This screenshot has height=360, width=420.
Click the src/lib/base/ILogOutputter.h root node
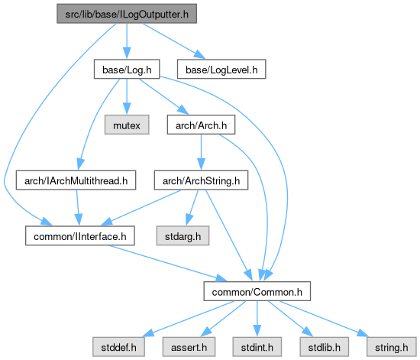point(127,14)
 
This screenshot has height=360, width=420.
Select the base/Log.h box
point(127,69)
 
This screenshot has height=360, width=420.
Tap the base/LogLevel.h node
point(221,69)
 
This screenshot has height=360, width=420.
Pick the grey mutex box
point(127,125)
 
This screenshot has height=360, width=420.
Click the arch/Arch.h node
point(201,125)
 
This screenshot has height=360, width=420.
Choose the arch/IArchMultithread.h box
point(76,180)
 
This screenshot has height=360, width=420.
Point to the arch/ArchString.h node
point(201,180)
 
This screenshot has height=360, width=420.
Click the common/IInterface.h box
point(80,235)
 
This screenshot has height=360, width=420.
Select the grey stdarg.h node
point(183,235)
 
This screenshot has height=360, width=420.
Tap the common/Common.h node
point(257,291)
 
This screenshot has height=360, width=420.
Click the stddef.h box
point(118,347)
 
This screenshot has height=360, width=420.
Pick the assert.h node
point(189,347)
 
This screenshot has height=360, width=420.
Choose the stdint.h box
point(257,347)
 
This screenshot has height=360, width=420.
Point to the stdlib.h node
point(325,347)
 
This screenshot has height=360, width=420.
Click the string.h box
point(392,347)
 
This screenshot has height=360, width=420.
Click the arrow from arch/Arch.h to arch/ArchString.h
point(201,152)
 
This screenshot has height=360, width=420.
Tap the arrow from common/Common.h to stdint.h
point(257,319)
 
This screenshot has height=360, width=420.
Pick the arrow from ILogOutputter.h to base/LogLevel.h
point(174,41)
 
